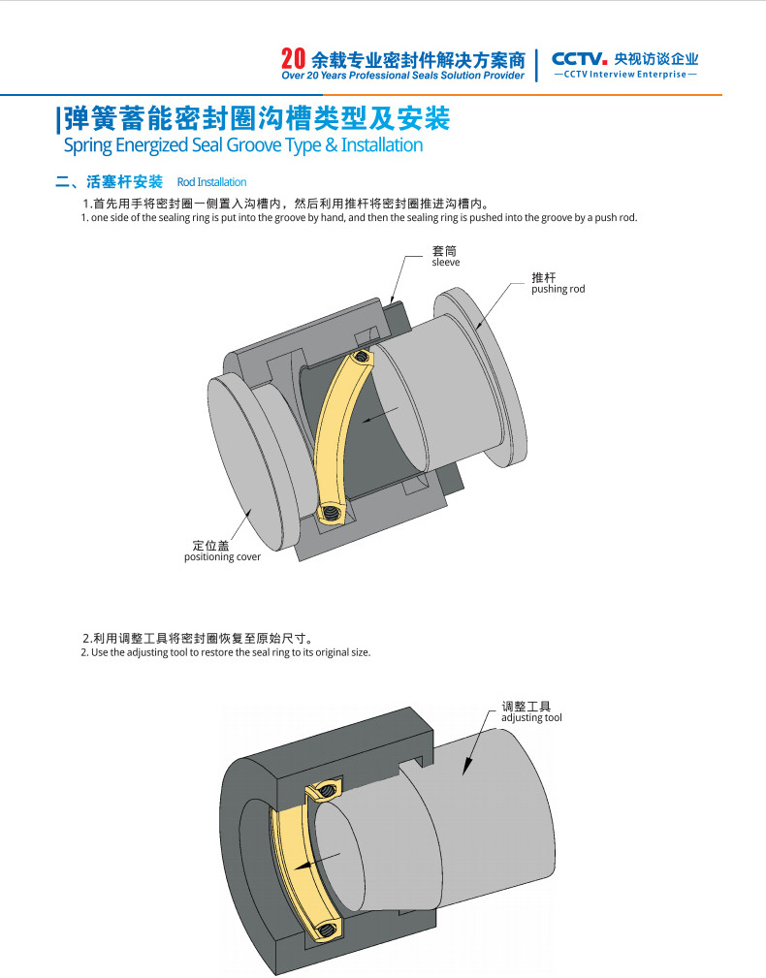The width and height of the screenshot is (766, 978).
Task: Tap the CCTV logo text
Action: pos(579,57)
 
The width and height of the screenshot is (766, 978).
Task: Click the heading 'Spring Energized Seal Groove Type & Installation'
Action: pos(242,145)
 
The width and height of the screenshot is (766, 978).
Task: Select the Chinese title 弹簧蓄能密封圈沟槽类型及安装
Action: pos(254,119)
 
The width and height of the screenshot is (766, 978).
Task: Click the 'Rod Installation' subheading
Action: pos(211,182)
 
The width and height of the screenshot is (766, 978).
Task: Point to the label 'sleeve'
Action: pos(445,263)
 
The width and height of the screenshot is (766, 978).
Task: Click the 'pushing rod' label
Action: pos(558,289)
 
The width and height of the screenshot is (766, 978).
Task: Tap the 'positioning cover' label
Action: pos(222,557)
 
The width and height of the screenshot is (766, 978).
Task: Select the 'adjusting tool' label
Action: pos(531,717)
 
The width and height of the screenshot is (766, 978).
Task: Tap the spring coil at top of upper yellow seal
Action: pos(360,359)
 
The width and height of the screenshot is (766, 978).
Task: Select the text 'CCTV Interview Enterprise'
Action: pos(624,75)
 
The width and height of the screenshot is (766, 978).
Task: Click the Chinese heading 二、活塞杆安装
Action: pos(110,182)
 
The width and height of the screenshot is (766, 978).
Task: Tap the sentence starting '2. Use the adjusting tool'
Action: pos(225,652)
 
